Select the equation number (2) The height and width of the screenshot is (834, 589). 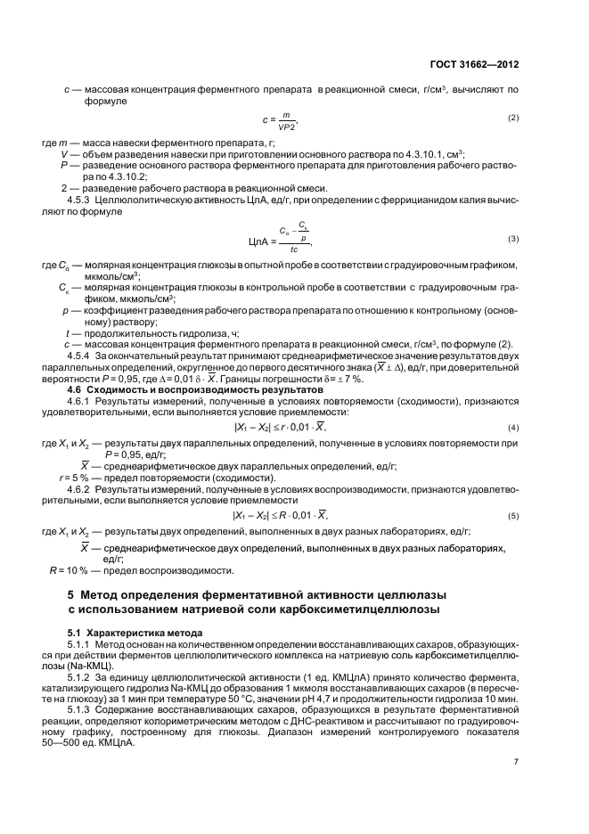click(513, 118)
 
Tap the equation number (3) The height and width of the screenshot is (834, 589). click(513, 239)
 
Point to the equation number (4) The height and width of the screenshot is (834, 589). click(513, 428)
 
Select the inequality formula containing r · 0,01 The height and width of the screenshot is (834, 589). click(281, 428)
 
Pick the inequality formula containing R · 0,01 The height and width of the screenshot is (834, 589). click(281, 515)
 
